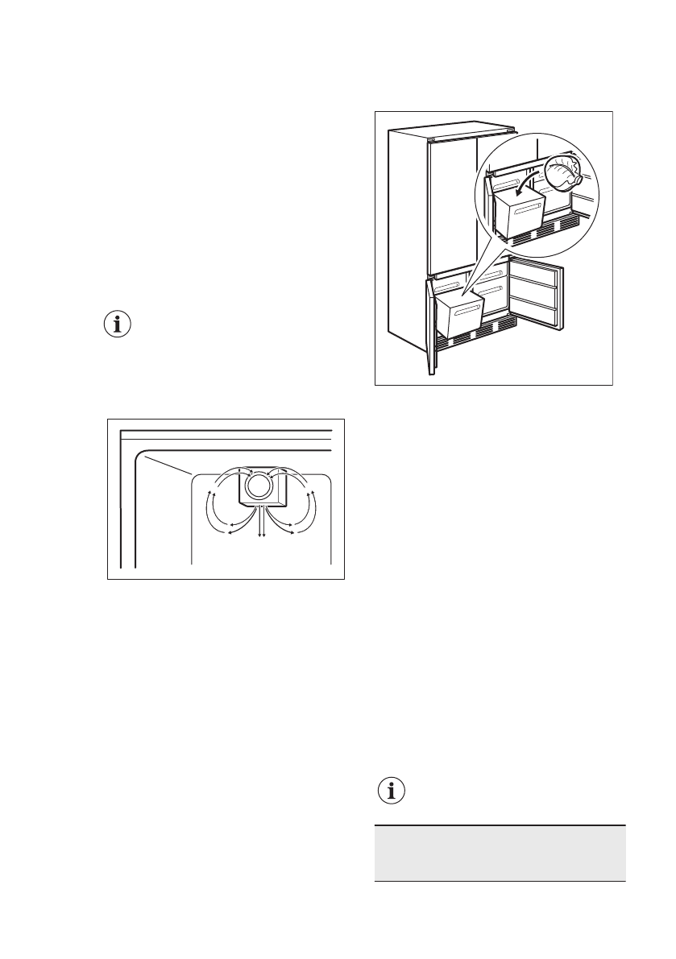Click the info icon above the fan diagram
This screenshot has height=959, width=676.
[119, 325]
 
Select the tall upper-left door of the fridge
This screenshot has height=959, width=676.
[454, 205]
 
